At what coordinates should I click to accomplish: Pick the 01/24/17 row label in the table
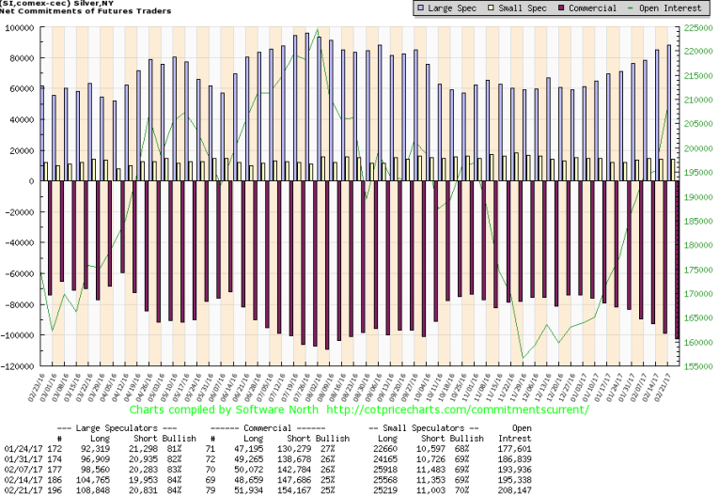point(21,450)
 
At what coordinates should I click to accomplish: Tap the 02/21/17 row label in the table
point(21,487)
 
